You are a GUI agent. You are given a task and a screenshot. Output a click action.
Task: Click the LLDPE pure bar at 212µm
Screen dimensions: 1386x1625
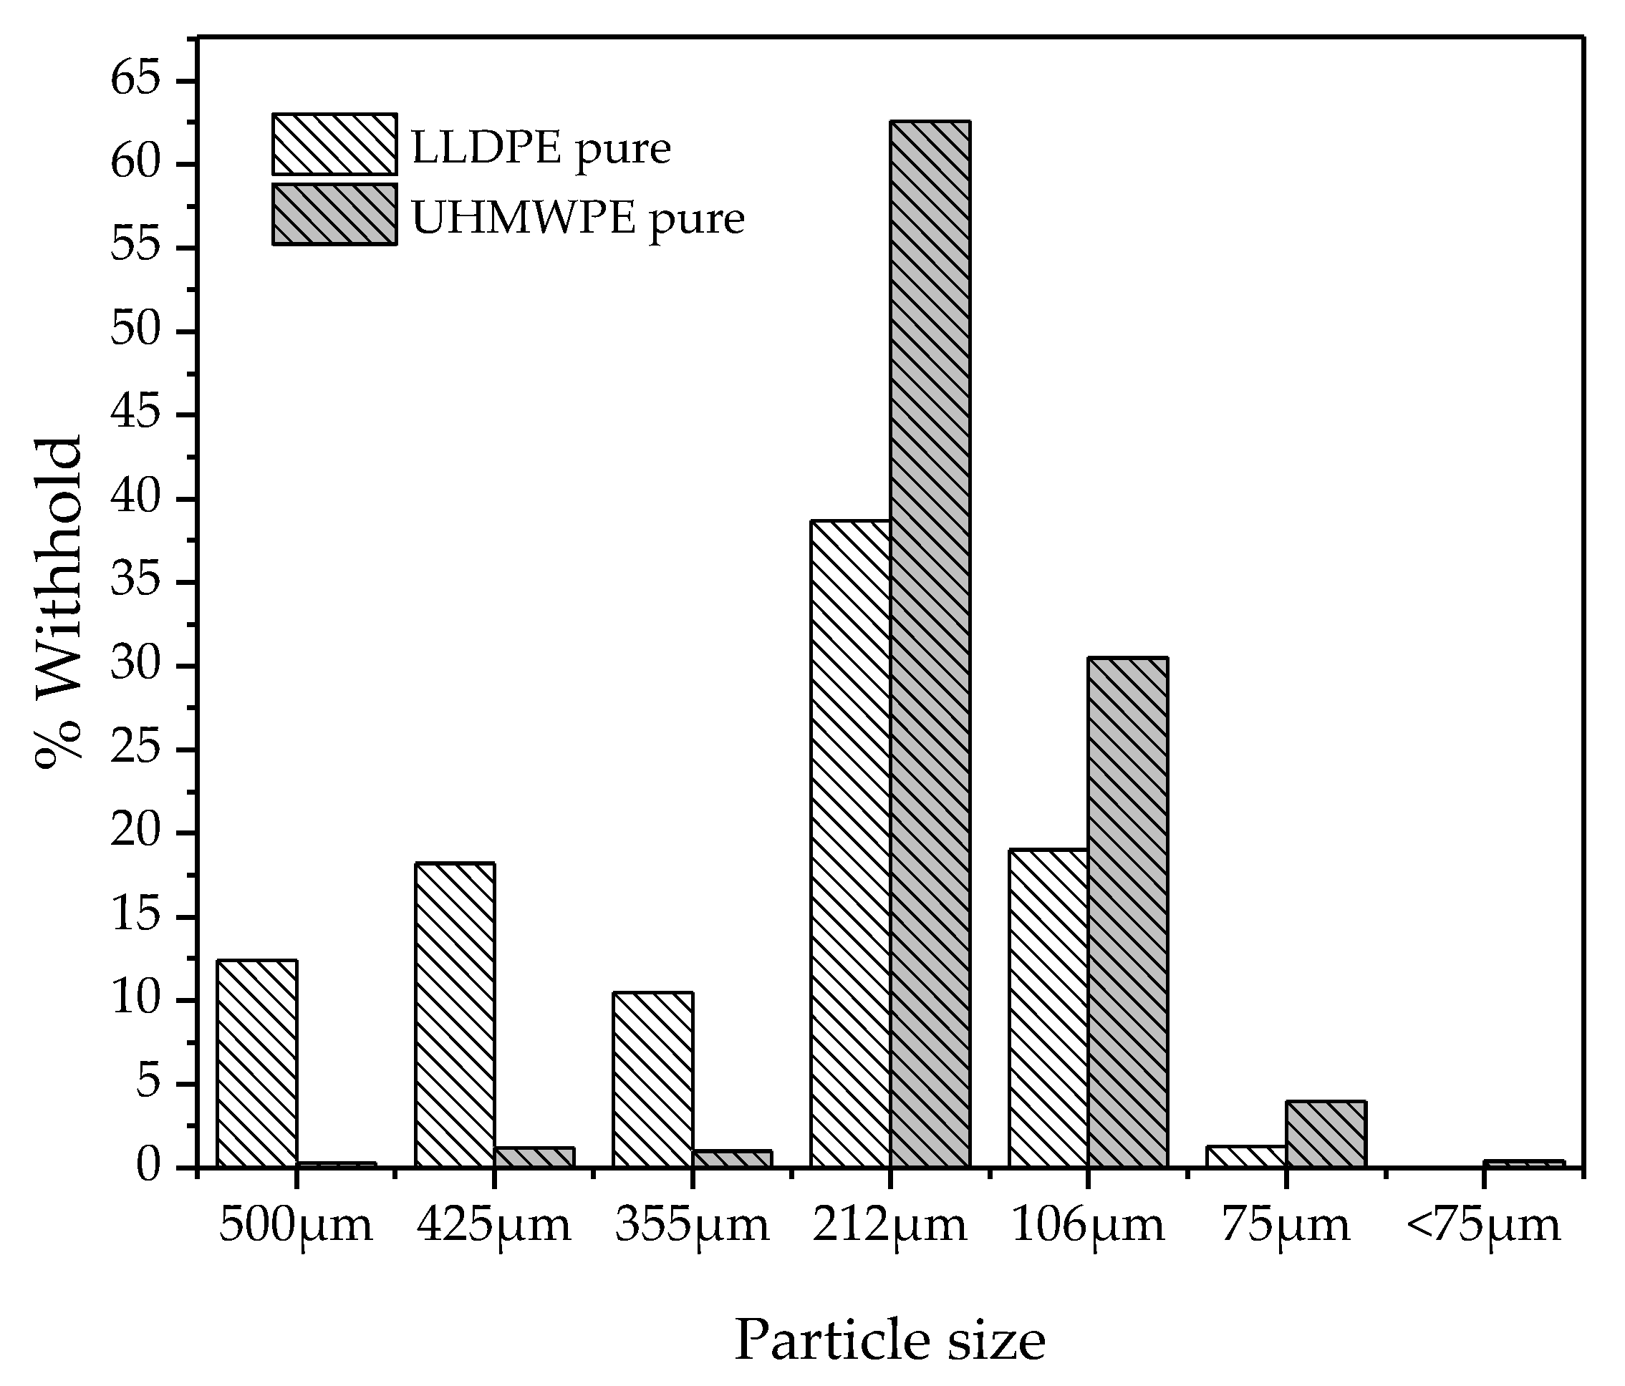pos(850,843)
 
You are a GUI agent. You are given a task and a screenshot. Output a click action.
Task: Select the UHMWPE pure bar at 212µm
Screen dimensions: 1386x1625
pos(930,643)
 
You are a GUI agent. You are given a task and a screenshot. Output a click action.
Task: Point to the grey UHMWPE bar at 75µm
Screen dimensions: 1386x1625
pos(1326,1133)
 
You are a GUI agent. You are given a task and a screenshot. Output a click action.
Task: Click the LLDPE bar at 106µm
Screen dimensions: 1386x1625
pos(1048,1007)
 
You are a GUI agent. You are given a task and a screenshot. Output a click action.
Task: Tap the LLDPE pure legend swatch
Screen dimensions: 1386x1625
pos(334,144)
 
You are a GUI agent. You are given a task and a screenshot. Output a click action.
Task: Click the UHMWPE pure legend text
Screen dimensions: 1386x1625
pos(578,219)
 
